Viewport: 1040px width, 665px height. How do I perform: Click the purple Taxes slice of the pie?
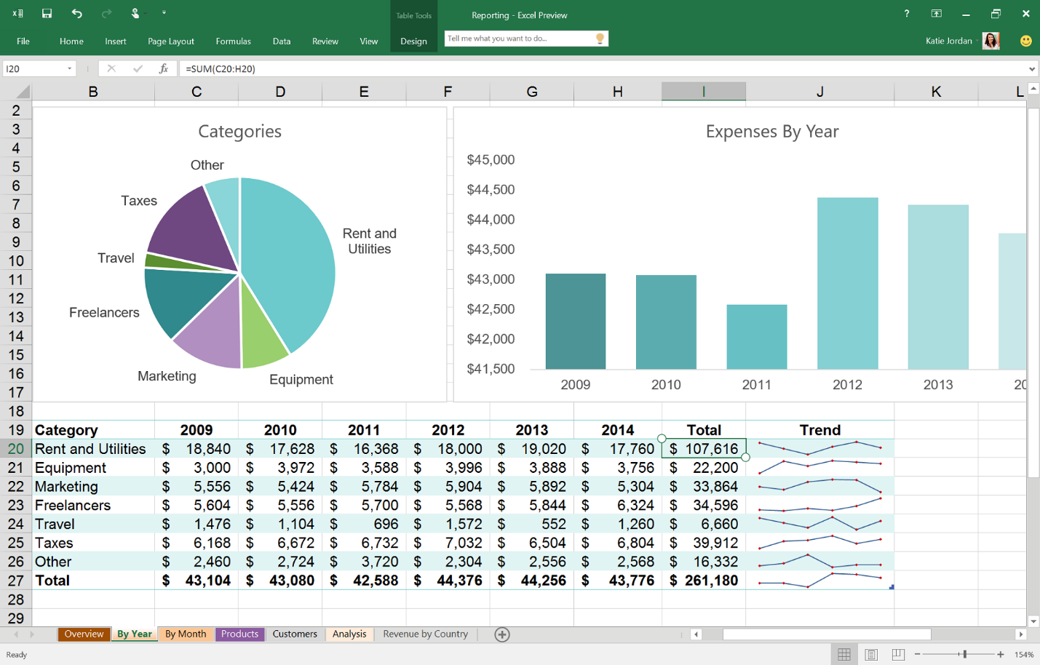(x=193, y=229)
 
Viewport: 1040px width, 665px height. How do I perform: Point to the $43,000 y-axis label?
(x=491, y=279)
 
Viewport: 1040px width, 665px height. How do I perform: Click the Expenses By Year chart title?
(x=771, y=132)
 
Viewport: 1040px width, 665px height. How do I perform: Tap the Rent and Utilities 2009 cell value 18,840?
(x=207, y=449)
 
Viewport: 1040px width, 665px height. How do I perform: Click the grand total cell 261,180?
(x=710, y=581)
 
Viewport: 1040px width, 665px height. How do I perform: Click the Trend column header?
(x=819, y=430)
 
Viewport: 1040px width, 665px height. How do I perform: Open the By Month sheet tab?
(x=186, y=634)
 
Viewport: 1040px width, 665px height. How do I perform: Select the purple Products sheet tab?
(x=239, y=634)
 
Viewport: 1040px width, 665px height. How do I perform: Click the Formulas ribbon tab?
(x=233, y=41)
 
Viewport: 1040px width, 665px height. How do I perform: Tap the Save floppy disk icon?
(x=47, y=14)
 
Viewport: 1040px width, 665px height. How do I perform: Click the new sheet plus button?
(x=502, y=634)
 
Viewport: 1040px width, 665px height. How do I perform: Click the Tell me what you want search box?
(x=520, y=39)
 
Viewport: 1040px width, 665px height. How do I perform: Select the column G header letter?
(x=532, y=92)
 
